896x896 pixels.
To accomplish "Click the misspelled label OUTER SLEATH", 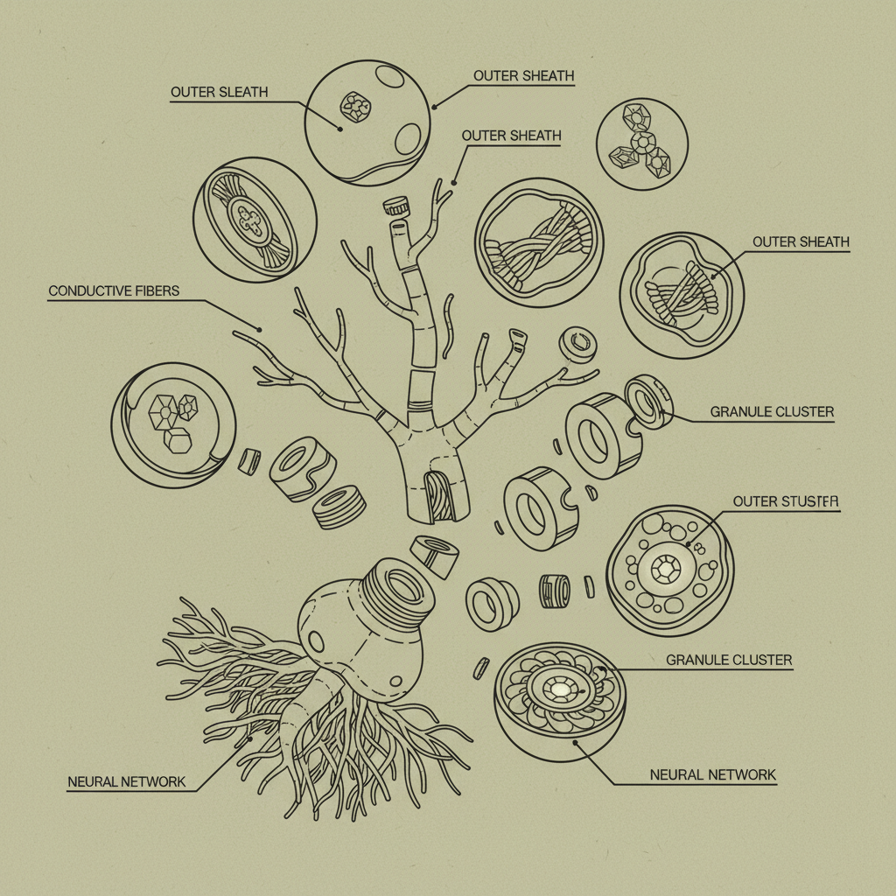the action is point(220,92).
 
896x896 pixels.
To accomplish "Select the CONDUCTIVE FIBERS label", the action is point(114,290).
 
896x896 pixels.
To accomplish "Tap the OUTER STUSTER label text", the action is point(786,501).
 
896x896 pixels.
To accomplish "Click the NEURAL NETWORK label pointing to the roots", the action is point(127,781).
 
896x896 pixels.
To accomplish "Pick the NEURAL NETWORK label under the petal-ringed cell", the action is point(712,775).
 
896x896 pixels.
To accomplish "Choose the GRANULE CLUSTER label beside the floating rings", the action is point(772,412).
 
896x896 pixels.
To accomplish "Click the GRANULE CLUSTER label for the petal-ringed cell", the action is point(729,660).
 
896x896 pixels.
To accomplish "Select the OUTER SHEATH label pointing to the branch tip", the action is point(511,136).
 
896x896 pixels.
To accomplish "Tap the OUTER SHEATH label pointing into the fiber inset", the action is point(801,242).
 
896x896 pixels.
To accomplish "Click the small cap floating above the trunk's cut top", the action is point(396,206).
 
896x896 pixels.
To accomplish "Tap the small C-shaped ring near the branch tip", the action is point(578,344).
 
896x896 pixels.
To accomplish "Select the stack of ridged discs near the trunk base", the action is point(340,507).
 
